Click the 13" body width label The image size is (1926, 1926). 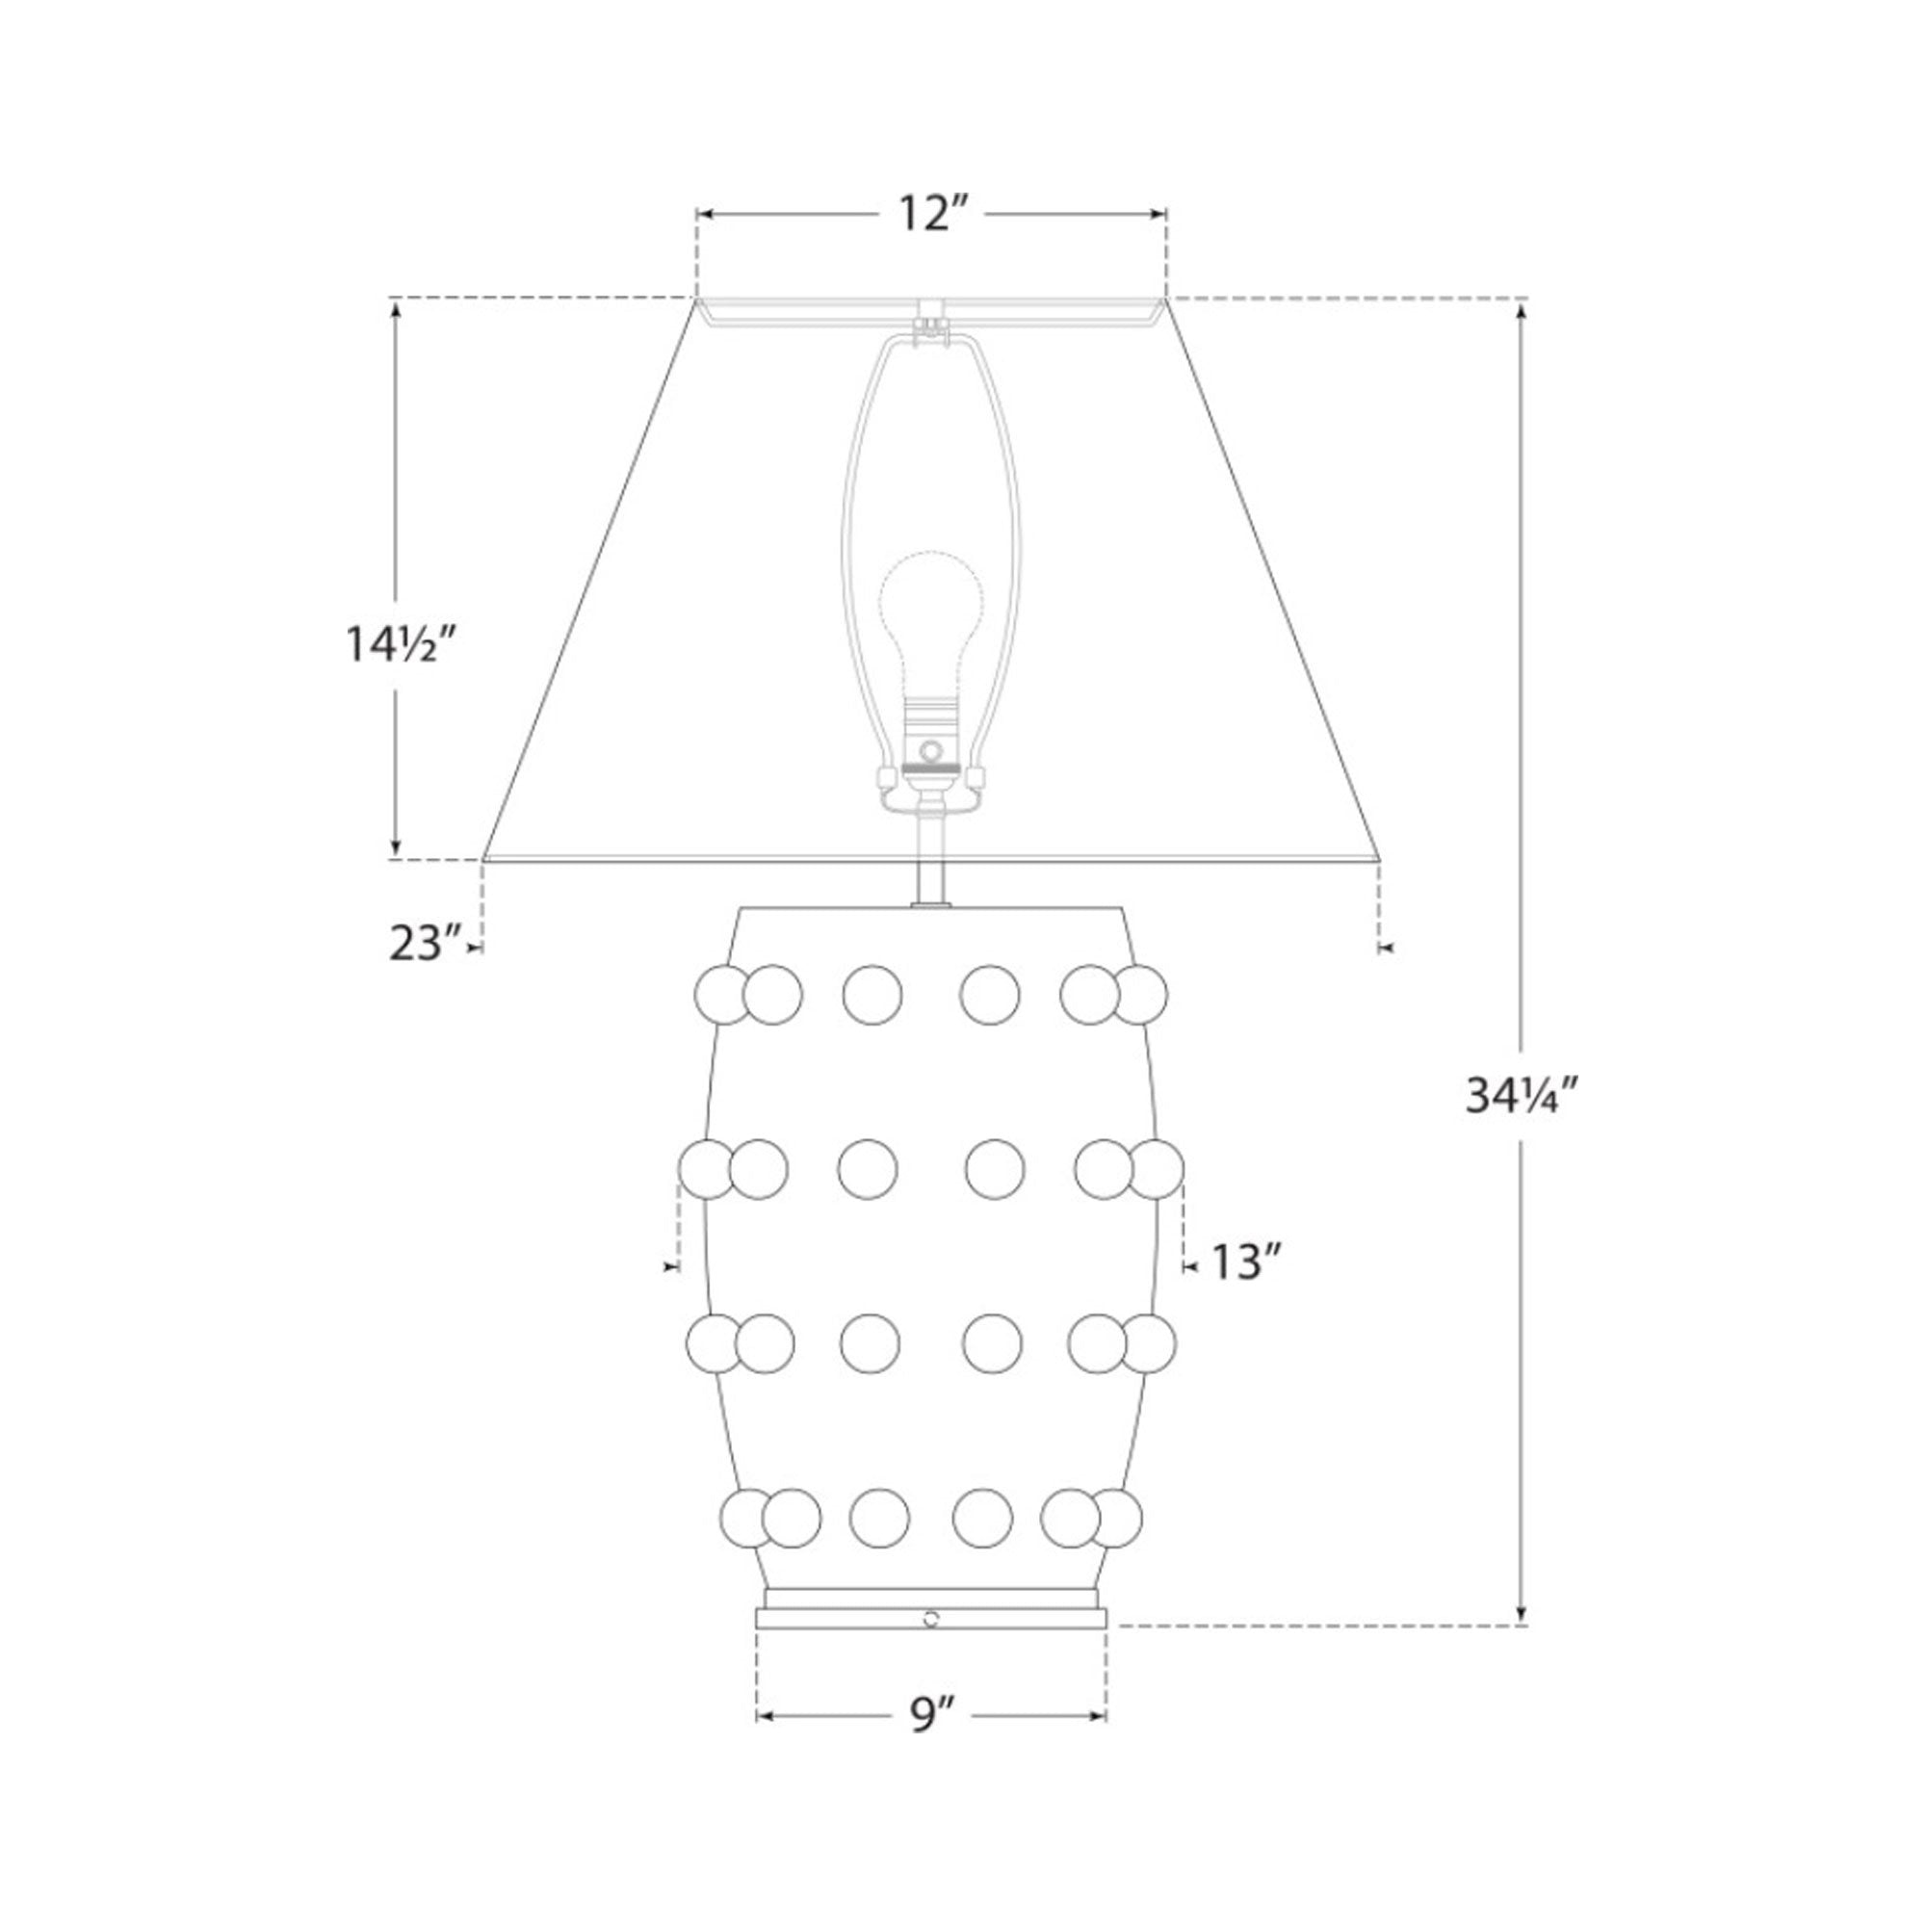click(x=1244, y=1262)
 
